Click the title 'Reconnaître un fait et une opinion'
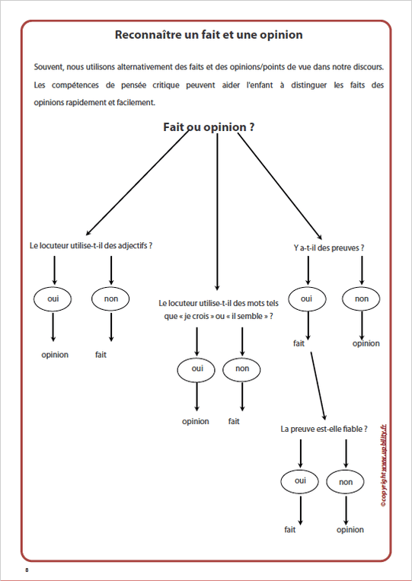click(208, 35)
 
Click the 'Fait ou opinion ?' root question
click(209, 127)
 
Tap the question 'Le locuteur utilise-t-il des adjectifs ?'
click(91, 246)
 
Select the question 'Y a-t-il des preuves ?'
click(328, 247)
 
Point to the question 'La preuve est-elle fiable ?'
click(329, 429)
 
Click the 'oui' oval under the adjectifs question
click(53, 299)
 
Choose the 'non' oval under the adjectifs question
click(110, 299)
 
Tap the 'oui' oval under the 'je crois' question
click(197, 369)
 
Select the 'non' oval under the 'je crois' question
click(242, 369)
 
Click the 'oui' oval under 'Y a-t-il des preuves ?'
click(306, 298)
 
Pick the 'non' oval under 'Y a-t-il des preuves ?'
click(362, 298)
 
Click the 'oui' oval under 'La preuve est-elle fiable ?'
click(300, 480)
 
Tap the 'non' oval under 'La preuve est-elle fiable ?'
click(347, 481)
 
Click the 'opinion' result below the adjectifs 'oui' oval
click(55, 355)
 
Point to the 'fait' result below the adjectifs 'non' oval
click(101, 355)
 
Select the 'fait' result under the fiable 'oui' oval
click(290, 529)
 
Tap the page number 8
click(27, 570)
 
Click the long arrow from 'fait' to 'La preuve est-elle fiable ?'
click(319, 387)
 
